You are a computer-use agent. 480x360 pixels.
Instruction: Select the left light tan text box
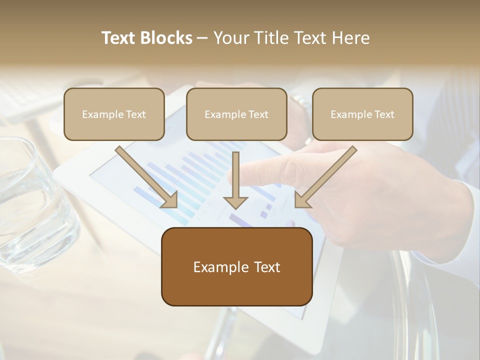tap(114, 114)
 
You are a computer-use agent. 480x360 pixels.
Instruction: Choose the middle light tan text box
tap(236, 114)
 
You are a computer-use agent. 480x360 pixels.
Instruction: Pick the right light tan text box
tap(362, 114)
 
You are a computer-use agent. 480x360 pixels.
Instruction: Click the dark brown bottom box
tap(237, 266)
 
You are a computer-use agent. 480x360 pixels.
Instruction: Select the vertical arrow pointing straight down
tap(235, 180)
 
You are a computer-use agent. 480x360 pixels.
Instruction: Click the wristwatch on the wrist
tap(300, 102)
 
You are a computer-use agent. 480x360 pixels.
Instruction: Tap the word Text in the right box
tap(383, 114)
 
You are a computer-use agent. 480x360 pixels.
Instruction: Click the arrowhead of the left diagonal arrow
tap(170, 200)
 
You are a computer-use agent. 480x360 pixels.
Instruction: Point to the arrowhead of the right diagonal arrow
tap(302, 200)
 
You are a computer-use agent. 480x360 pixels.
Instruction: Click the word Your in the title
tap(230, 38)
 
